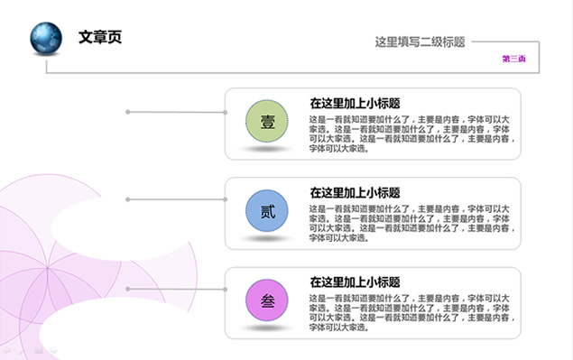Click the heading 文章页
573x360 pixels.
pyautogui.click(x=100, y=37)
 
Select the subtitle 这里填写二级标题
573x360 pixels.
pyautogui.click(x=420, y=42)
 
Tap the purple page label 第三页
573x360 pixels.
pyautogui.click(x=514, y=60)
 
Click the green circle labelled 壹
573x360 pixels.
pyautogui.click(x=267, y=122)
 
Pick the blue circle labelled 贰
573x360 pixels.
pyautogui.click(x=267, y=212)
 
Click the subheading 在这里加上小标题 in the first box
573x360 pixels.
pyautogui.click(x=355, y=103)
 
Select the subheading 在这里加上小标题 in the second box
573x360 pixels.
pyautogui.click(x=355, y=192)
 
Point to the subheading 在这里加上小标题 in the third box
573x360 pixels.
pyautogui.click(x=355, y=282)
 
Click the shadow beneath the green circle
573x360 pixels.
pyautogui.click(x=267, y=149)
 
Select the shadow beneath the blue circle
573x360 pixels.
pyautogui.click(x=267, y=239)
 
